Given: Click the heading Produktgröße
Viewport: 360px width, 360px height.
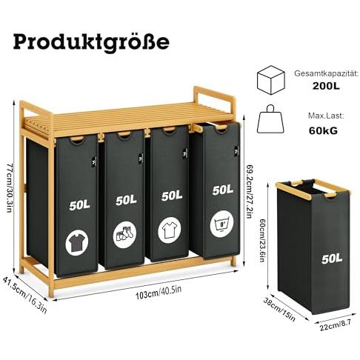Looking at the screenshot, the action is point(91,42).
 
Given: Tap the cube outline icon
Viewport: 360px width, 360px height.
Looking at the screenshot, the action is point(271,80).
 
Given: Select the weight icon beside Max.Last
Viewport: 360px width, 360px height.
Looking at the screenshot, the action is point(270,119).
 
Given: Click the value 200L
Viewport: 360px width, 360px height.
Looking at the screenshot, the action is point(326,86).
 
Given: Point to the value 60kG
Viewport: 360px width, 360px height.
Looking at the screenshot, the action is point(323,130).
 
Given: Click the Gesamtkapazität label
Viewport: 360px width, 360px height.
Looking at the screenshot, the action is point(326,73).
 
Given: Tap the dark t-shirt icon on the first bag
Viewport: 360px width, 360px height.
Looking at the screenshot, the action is point(77,242).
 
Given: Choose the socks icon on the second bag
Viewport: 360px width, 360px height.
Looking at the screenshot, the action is point(124,234).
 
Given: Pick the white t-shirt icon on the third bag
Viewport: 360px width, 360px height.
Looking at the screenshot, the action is point(170,230).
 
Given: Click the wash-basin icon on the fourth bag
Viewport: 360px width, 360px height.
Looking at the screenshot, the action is point(221,224).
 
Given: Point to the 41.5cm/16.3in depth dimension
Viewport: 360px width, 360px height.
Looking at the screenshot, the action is point(24,295).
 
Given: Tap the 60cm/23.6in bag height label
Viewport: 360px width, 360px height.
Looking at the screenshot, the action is point(262,241).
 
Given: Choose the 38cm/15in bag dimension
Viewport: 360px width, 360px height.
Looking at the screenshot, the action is point(279,310).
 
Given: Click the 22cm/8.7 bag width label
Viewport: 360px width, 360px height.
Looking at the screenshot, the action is point(335,326).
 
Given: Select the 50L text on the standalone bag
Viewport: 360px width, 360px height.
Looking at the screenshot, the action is point(332,259).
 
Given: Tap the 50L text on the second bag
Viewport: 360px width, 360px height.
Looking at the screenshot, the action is point(126,200).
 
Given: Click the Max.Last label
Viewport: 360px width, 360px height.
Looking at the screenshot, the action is point(325,116).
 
